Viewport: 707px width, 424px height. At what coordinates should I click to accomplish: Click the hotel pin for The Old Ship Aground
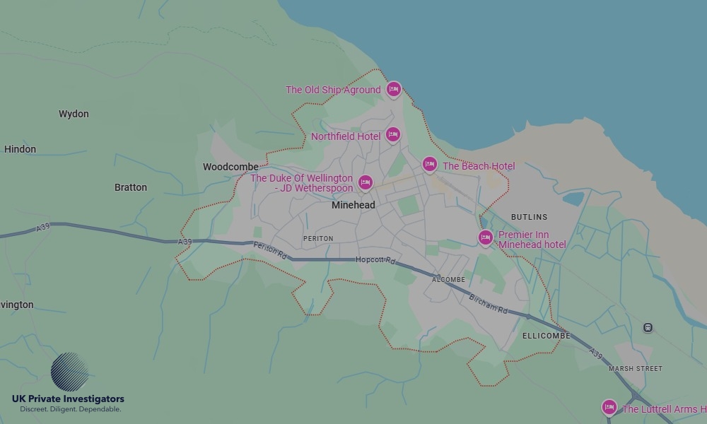[394, 89]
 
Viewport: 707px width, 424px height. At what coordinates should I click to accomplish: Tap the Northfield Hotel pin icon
[393, 134]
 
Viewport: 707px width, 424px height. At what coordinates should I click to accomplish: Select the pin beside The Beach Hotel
[429, 165]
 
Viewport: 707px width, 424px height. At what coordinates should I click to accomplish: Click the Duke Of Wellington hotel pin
[365, 182]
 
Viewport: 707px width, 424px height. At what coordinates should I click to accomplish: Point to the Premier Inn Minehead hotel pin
[485, 237]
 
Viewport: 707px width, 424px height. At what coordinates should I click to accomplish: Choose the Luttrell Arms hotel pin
[609, 407]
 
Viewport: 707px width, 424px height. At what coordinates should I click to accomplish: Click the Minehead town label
[353, 205]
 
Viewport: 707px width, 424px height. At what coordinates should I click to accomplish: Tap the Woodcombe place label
[230, 167]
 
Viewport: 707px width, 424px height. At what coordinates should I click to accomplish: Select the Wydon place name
[74, 114]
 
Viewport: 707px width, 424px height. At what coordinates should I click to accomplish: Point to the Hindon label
[20, 149]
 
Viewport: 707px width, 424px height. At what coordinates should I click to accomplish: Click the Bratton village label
[131, 187]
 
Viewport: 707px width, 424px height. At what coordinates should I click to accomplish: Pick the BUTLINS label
[529, 217]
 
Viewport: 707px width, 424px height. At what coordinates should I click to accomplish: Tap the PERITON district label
[318, 239]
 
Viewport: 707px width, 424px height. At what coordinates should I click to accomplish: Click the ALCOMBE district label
[449, 280]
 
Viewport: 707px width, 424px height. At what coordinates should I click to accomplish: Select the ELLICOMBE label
[546, 336]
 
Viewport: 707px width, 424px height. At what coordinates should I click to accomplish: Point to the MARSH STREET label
[636, 368]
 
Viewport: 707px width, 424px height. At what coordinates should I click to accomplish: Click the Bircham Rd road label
[489, 304]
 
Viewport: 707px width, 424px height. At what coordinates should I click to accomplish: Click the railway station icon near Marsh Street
[648, 328]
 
